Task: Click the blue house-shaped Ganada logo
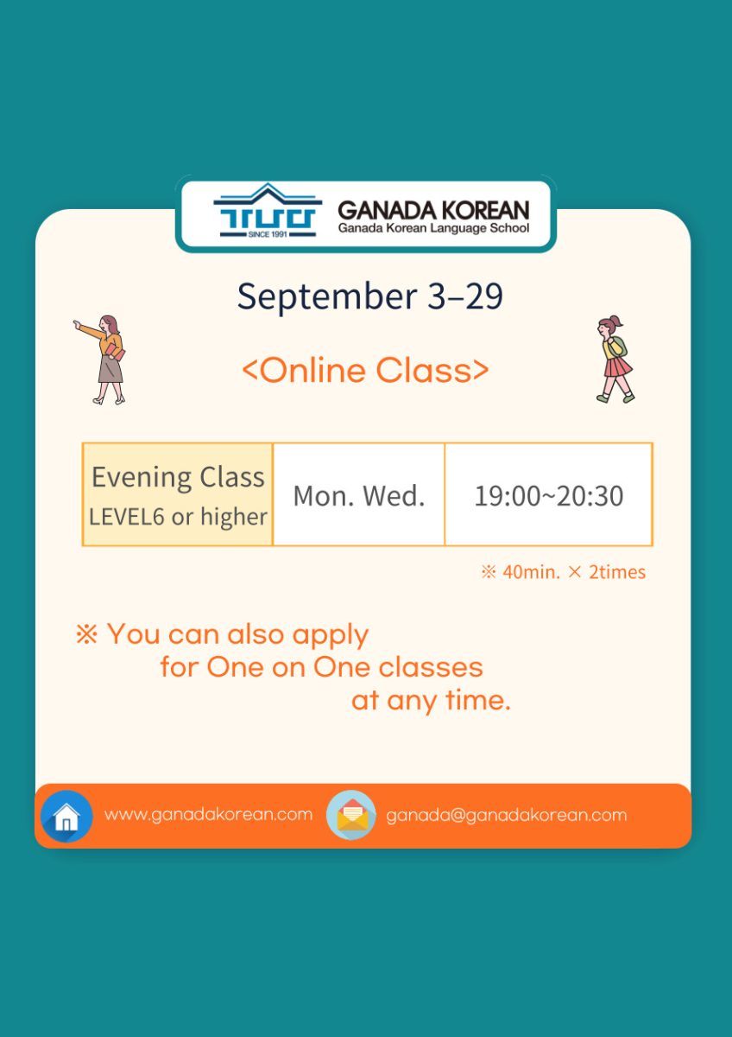point(268,211)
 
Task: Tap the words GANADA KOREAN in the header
point(433,210)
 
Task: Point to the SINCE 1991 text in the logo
point(268,234)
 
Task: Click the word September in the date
point(327,296)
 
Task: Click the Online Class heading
point(365,371)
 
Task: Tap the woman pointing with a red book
point(100,359)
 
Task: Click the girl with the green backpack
point(615,359)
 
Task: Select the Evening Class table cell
point(178,494)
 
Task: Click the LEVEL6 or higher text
point(178,517)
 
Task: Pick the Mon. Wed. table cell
point(359,494)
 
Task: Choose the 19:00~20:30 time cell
point(549,494)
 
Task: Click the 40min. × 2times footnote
point(563,572)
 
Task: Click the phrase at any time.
point(431,701)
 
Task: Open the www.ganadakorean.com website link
point(209,814)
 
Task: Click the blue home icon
point(66,816)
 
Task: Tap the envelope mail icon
point(351,815)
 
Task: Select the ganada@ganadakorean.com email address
point(507,815)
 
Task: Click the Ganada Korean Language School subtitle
point(433,228)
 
